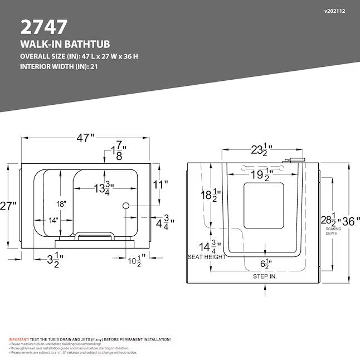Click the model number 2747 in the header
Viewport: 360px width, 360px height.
pyautogui.click(x=44, y=26)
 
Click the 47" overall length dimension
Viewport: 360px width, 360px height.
pyautogui.click(x=86, y=138)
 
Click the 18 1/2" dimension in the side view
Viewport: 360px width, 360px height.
pyautogui.click(x=211, y=195)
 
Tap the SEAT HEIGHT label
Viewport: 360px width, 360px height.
pyautogui.click(x=207, y=257)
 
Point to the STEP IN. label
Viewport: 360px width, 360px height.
pyautogui.click(x=265, y=276)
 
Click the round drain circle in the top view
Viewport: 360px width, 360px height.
pyautogui.click(x=125, y=206)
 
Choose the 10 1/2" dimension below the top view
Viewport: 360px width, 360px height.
pyautogui.click(x=136, y=260)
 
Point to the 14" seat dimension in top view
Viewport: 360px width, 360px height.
pyautogui.click(x=53, y=220)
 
